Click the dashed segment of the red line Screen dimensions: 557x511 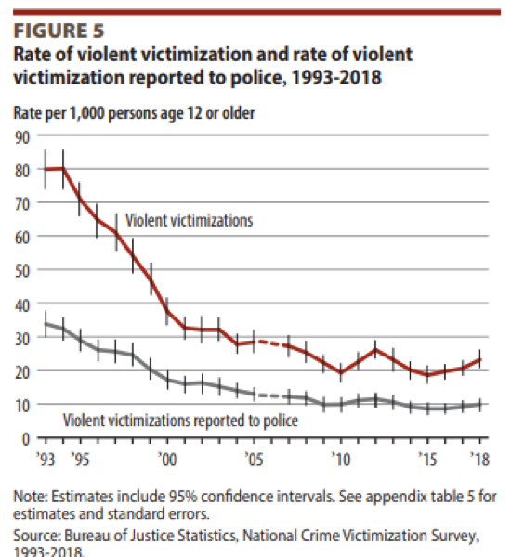click(270, 344)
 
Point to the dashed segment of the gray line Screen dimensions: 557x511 click(270, 395)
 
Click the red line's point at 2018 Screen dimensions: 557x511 click(479, 359)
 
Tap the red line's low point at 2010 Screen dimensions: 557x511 click(340, 373)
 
